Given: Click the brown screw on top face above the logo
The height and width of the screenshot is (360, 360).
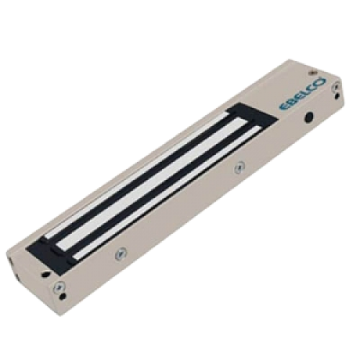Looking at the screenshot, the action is (312, 72).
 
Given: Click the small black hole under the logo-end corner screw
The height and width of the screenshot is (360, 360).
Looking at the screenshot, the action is (337, 96).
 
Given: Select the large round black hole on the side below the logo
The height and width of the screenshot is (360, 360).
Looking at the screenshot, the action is (309, 117).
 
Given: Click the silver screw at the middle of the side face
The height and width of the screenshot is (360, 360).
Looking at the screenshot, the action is (239, 167).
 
